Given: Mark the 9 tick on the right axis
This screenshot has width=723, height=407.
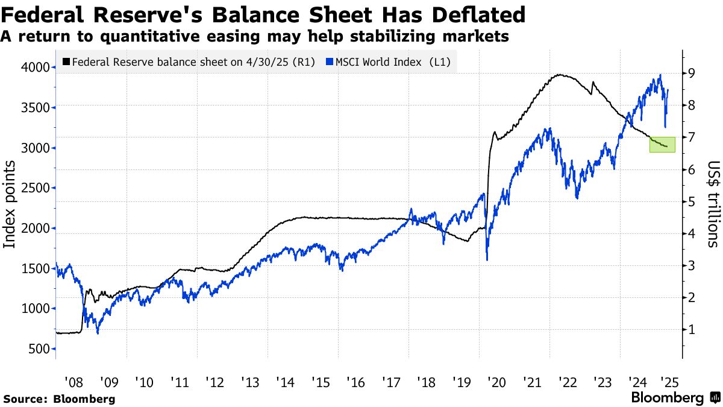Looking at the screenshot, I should coord(693,73).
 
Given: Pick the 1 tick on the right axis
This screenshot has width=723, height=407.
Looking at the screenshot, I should coord(693,329).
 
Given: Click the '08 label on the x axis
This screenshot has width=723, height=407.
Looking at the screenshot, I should coord(74,382).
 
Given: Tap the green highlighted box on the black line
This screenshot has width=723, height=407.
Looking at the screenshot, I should coord(662,144).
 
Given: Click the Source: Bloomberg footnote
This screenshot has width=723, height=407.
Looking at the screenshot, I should coord(58,399).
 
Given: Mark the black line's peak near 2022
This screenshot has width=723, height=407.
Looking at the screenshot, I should coord(560,75).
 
